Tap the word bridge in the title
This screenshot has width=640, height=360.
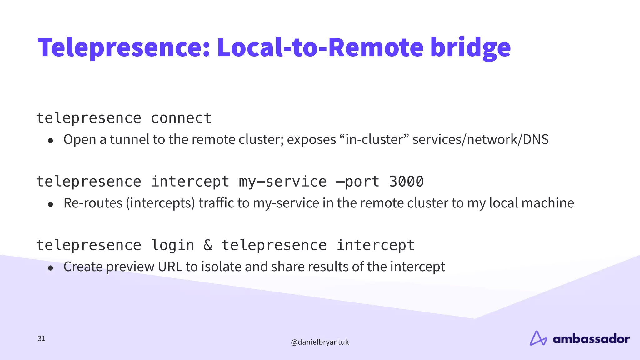coord(470,47)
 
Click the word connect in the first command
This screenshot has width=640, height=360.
coord(181,118)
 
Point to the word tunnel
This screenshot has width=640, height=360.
coord(129,139)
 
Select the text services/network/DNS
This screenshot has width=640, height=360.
coord(480,139)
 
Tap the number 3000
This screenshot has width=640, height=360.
coord(406,182)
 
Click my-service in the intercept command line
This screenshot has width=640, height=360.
coord(283,182)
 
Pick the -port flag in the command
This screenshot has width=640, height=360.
coord(357,182)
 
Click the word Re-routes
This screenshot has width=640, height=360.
coord(93,203)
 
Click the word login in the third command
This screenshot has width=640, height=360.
coord(173,245)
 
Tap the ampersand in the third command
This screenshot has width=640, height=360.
coord(208,245)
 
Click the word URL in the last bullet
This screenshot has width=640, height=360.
coord(170,267)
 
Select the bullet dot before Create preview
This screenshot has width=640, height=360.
coord(51,268)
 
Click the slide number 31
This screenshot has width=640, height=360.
coord(41,338)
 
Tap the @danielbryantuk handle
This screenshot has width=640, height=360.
coord(320,342)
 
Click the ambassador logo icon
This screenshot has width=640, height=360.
coord(538,338)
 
